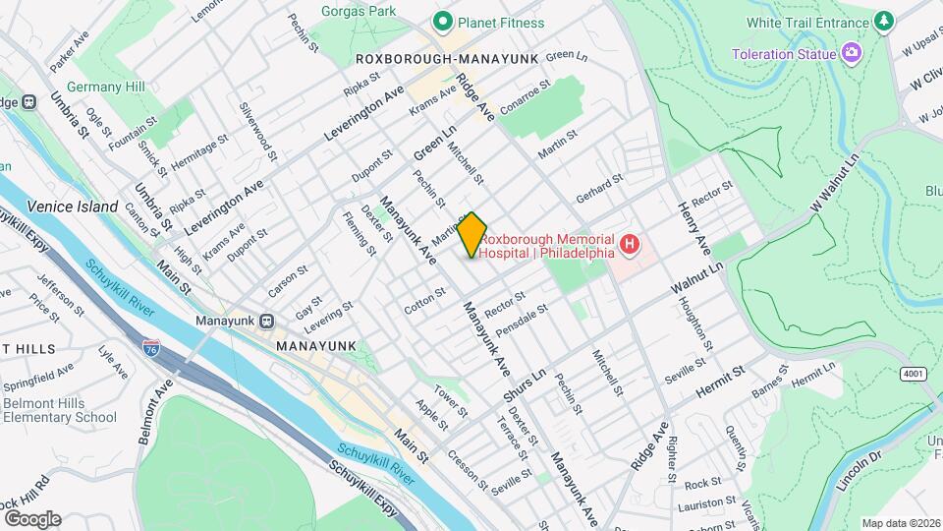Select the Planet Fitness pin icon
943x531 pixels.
tap(443, 22)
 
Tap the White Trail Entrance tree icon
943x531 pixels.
tap(884, 21)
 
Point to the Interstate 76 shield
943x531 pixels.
tap(151, 349)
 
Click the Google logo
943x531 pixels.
tap(31, 518)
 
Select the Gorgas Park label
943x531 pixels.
tap(359, 11)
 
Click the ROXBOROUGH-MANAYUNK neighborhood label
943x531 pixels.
tap(447, 59)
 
